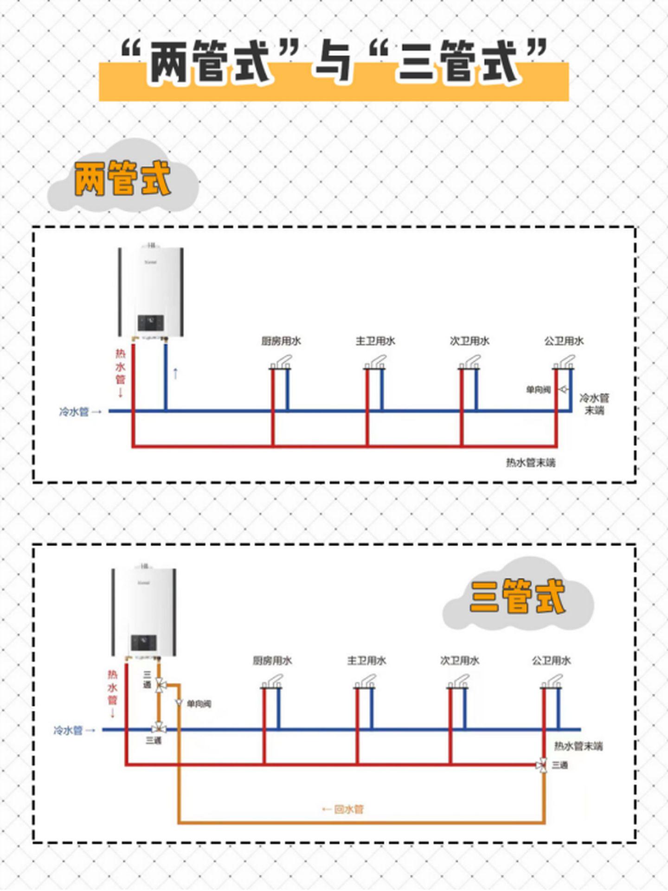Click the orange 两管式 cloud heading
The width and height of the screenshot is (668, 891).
click(x=122, y=178)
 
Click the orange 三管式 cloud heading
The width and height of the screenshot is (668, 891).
click(x=518, y=597)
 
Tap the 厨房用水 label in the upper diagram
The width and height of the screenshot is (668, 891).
click(x=281, y=341)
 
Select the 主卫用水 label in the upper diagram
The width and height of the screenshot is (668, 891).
click(x=375, y=341)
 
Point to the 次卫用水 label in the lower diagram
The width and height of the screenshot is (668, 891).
click(x=460, y=661)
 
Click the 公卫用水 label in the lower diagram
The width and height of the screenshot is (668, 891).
click(x=551, y=661)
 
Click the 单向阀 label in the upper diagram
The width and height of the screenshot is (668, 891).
click(x=538, y=390)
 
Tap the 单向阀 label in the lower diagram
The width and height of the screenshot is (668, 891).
click(x=199, y=704)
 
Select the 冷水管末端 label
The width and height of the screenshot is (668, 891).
click(x=594, y=404)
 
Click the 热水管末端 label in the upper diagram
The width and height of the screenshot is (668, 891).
click(x=530, y=463)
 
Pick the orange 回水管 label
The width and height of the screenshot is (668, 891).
click(x=349, y=809)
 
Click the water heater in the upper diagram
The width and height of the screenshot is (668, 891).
click(x=151, y=292)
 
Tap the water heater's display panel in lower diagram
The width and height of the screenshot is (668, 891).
click(x=144, y=643)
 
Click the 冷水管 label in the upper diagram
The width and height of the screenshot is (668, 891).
click(x=74, y=412)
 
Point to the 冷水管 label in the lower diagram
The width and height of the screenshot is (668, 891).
click(x=68, y=731)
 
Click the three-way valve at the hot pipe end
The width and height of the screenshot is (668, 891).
click(x=542, y=765)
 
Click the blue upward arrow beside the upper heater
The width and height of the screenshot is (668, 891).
click(x=175, y=373)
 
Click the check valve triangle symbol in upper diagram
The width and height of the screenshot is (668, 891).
click(x=563, y=389)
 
